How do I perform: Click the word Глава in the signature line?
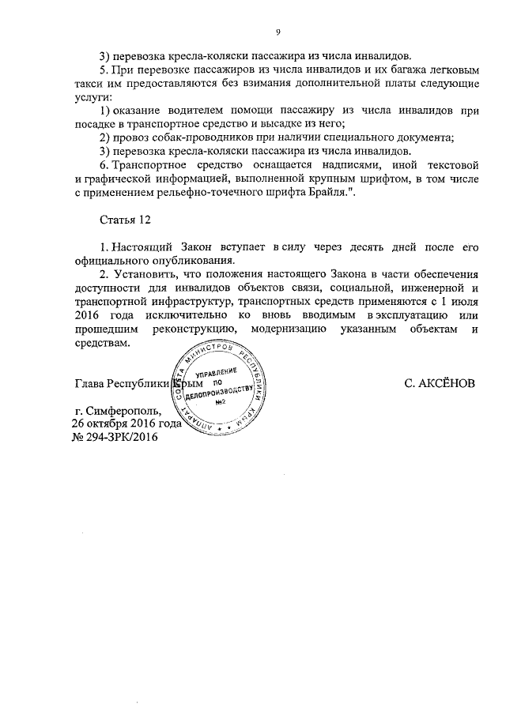pyautogui.click(x=89, y=384)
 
